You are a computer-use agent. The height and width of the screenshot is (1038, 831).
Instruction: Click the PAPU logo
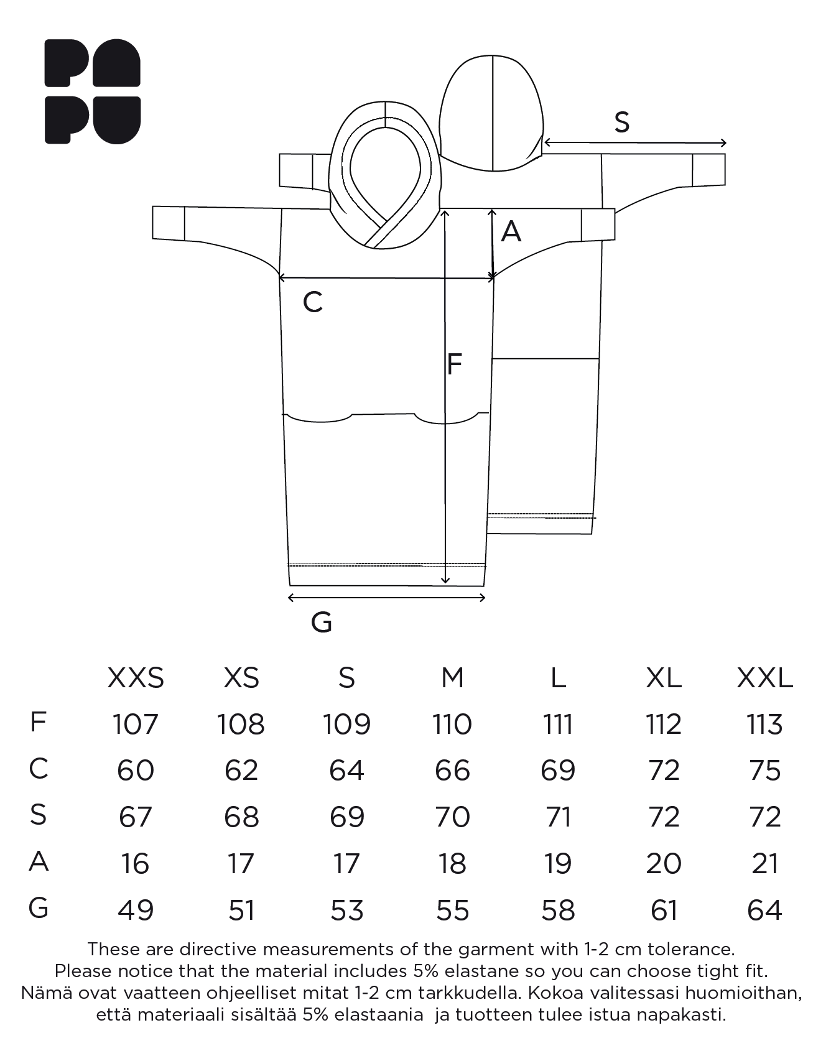[x=92, y=91]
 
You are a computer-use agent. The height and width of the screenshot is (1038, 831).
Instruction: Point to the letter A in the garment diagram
[x=511, y=231]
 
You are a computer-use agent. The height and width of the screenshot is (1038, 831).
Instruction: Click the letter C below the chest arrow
[x=312, y=302]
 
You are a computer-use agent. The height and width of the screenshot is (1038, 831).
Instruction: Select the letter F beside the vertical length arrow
[x=455, y=364]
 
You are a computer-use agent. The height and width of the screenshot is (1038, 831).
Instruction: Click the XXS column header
[x=136, y=677]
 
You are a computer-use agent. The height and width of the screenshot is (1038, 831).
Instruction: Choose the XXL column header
[x=764, y=677]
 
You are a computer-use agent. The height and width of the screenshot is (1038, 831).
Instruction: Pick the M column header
[x=452, y=677]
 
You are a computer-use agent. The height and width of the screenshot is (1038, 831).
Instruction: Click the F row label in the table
[x=38, y=722]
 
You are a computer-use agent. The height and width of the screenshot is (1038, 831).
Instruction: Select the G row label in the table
[x=38, y=908]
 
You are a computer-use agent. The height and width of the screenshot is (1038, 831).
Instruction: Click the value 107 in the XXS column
[x=136, y=724]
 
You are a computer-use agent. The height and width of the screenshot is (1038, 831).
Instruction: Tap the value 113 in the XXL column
[x=764, y=724]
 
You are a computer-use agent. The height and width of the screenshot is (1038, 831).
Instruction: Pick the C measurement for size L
[x=558, y=771]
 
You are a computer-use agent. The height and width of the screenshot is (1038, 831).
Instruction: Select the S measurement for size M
[x=452, y=817]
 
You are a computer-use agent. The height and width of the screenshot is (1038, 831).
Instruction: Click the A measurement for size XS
[x=241, y=863]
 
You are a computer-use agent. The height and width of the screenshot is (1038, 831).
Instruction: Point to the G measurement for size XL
[x=664, y=910]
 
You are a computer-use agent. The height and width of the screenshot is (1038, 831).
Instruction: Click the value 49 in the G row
[x=136, y=910]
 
